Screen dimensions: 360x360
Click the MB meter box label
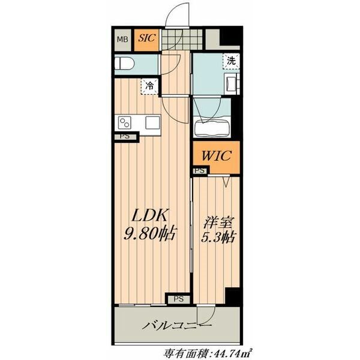[122, 40]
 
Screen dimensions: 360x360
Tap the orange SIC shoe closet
[146, 40]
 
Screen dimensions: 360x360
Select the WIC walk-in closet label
[216, 155]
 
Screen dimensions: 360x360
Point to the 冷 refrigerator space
[149, 86]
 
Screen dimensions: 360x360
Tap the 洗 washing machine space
[231, 61]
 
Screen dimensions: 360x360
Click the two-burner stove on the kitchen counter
[125, 122]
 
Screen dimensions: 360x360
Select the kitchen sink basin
[152, 122]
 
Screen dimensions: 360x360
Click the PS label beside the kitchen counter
[125, 136]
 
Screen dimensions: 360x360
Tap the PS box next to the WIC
[200, 171]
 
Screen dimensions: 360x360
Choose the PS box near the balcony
[178, 299]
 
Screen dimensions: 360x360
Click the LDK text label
[149, 215]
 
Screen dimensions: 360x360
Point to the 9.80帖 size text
[149, 233]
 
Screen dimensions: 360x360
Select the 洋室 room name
[218, 223]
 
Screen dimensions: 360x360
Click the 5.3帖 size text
[218, 238]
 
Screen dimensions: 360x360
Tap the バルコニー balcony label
[176, 325]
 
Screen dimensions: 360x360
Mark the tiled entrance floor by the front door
[182, 39]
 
